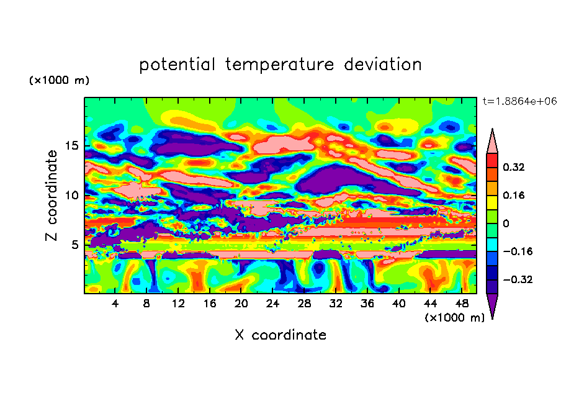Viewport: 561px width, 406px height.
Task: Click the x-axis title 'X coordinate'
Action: coord(280,335)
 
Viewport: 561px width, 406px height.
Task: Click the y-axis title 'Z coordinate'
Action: coord(52,196)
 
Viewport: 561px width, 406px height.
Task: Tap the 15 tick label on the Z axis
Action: coord(71,146)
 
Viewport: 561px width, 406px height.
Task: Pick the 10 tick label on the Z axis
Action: coord(71,195)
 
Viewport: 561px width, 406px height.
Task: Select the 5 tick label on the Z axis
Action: coord(74,245)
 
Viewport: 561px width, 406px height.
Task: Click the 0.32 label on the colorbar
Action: coord(514,167)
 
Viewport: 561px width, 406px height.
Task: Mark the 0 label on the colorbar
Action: coord(506,223)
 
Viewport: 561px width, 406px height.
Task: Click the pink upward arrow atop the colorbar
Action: coord(493,142)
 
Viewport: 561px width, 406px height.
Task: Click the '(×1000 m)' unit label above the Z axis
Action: coord(59,81)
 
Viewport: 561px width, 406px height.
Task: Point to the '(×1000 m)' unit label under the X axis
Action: coord(454,317)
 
